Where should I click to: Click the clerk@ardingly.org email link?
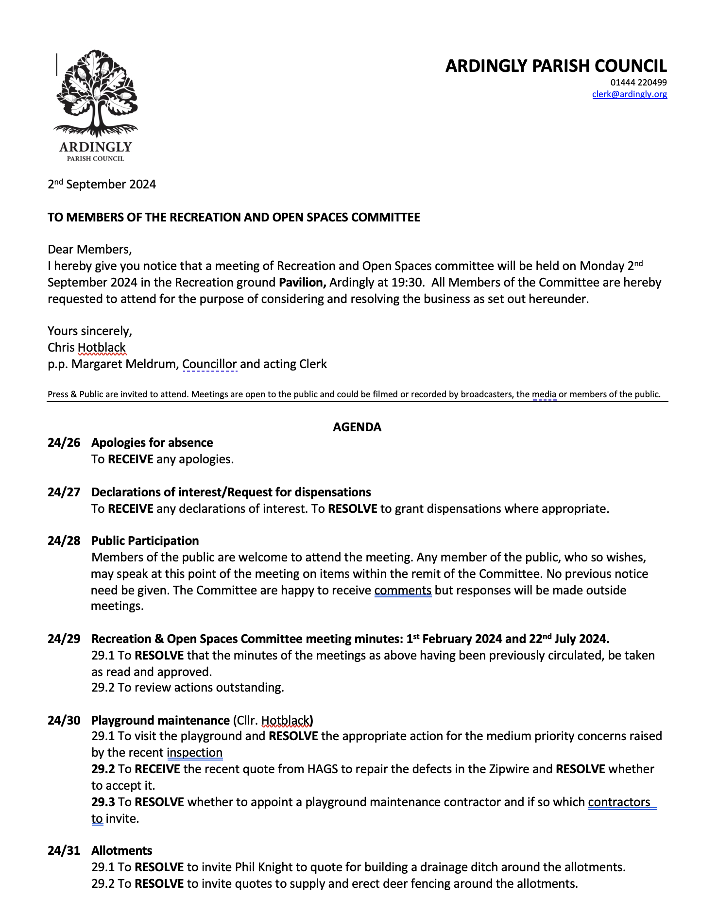pyautogui.click(x=629, y=94)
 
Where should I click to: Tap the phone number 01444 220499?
pyautogui.click(x=638, y=83)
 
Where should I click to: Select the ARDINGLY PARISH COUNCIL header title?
pyautogui.click(x=556, y=66)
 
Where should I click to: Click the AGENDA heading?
pyautogui.click(x=357, y=427)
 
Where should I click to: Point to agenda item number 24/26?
pyautogui.click(x=64, y=442)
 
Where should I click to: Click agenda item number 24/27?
pyautogui.click(x=64, y=492)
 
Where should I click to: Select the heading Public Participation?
pyautogui.click(x=145, y=541)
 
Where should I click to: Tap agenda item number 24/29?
pyautogui.click(x=64, y=639)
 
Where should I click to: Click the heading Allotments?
pyautogui.click(x=121, y=850)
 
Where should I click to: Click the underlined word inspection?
pyautogui.click(x=194, y=752)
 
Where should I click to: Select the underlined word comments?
pyautogui.click(x=403, y=590)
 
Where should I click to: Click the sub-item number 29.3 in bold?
pyautogui.click(x=103, y=802)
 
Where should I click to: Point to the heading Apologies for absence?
pyautogui.click(x=152, y=442)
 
